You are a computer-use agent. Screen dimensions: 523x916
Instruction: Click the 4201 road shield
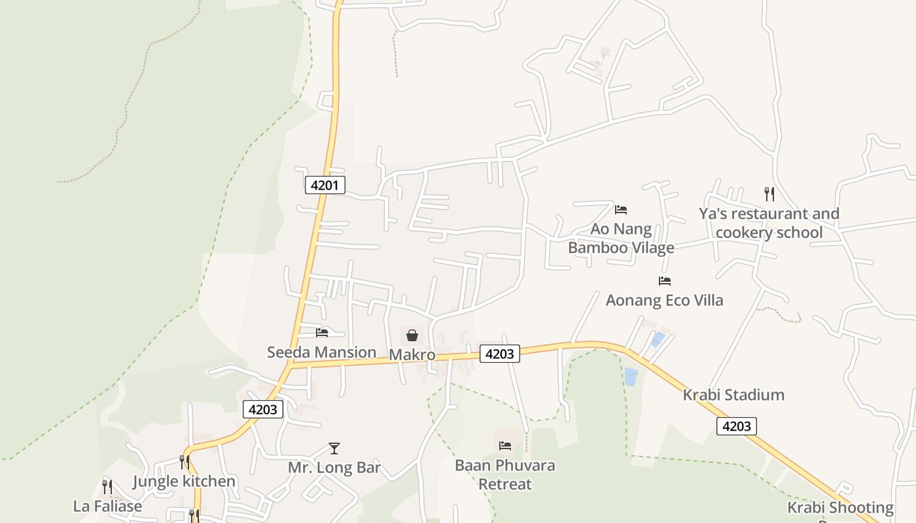pyautogui.click(x=325, y=185)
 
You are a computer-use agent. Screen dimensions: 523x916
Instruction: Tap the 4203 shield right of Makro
pyautogui.click(x=500, y=354)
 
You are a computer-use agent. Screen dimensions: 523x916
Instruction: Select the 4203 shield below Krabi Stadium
pyautogui.click(x=737, y=426)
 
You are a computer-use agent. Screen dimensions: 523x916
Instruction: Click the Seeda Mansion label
pyautogui.click(x=321, y=352)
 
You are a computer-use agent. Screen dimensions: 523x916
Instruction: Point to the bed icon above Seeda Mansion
pyautogui.click(x=322, y=333)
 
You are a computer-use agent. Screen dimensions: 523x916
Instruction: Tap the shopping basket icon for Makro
pyautogui.click(x=412, y=336)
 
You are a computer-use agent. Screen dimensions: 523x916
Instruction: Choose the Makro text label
pyautogui.click(x=412, y=355)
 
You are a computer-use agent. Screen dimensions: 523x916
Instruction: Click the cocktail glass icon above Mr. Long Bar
pyautogui.click(x=334, y=448)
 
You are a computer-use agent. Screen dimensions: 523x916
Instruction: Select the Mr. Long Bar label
pyautogui.click(x=334, y=468)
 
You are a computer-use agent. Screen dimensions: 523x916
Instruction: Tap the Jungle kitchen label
pyautogui.click(x=184, y=482)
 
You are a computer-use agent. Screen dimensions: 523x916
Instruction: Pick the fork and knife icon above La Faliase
pyautogui.click(x=107, y=487)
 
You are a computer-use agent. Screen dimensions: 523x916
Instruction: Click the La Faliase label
pyautogui.click(x=107, y=507)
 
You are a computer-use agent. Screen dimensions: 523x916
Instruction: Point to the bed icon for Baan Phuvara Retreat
pyautogui.click(x=505, y=446)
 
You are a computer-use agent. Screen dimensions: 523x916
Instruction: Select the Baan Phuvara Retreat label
pyautogui.click(x=505, y=475)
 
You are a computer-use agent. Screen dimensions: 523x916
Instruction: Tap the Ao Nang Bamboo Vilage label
pyautogui.click(x=621, y=239)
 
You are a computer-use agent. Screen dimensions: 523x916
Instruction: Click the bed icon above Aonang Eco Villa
pyautogui.click(x=665, y=281)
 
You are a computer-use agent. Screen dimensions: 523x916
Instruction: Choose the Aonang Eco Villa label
pyautogui.click(x=664, y=301)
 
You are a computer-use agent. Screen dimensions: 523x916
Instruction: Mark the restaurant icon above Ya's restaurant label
pyautogui.click(x=769, y=194)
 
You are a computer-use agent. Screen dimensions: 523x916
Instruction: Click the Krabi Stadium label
pyautogui.click(x=733, y=395)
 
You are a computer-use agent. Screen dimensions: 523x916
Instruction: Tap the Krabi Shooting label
pyautogui.click(x=840, y=508)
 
